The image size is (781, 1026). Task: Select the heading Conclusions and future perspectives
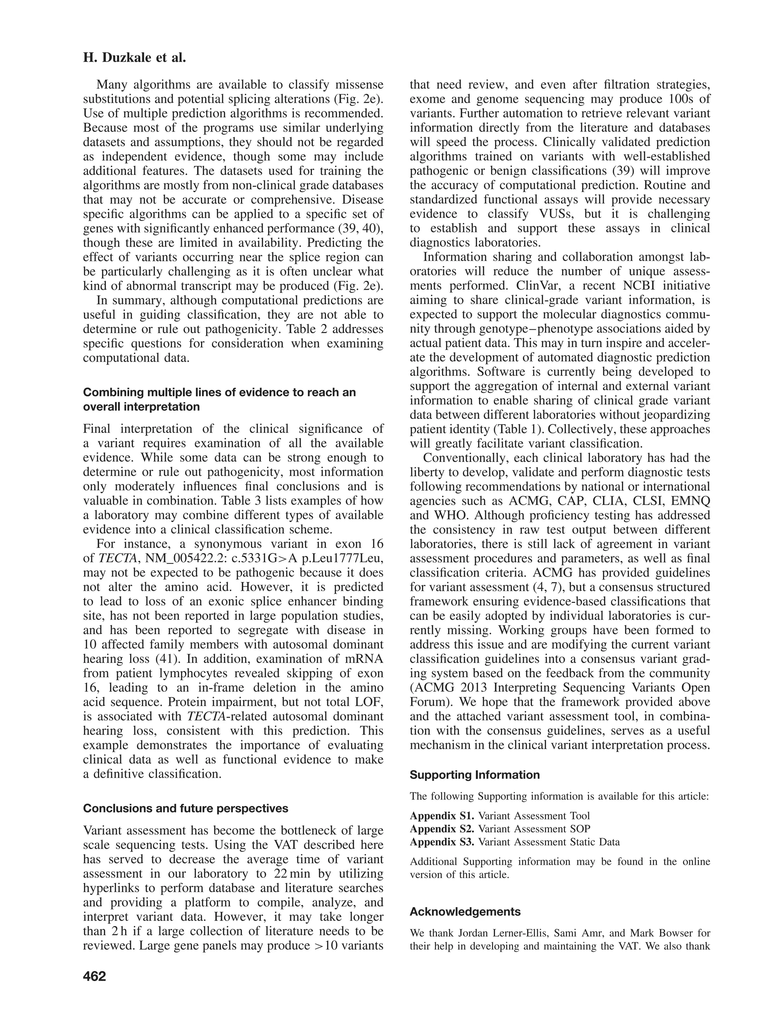185,808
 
